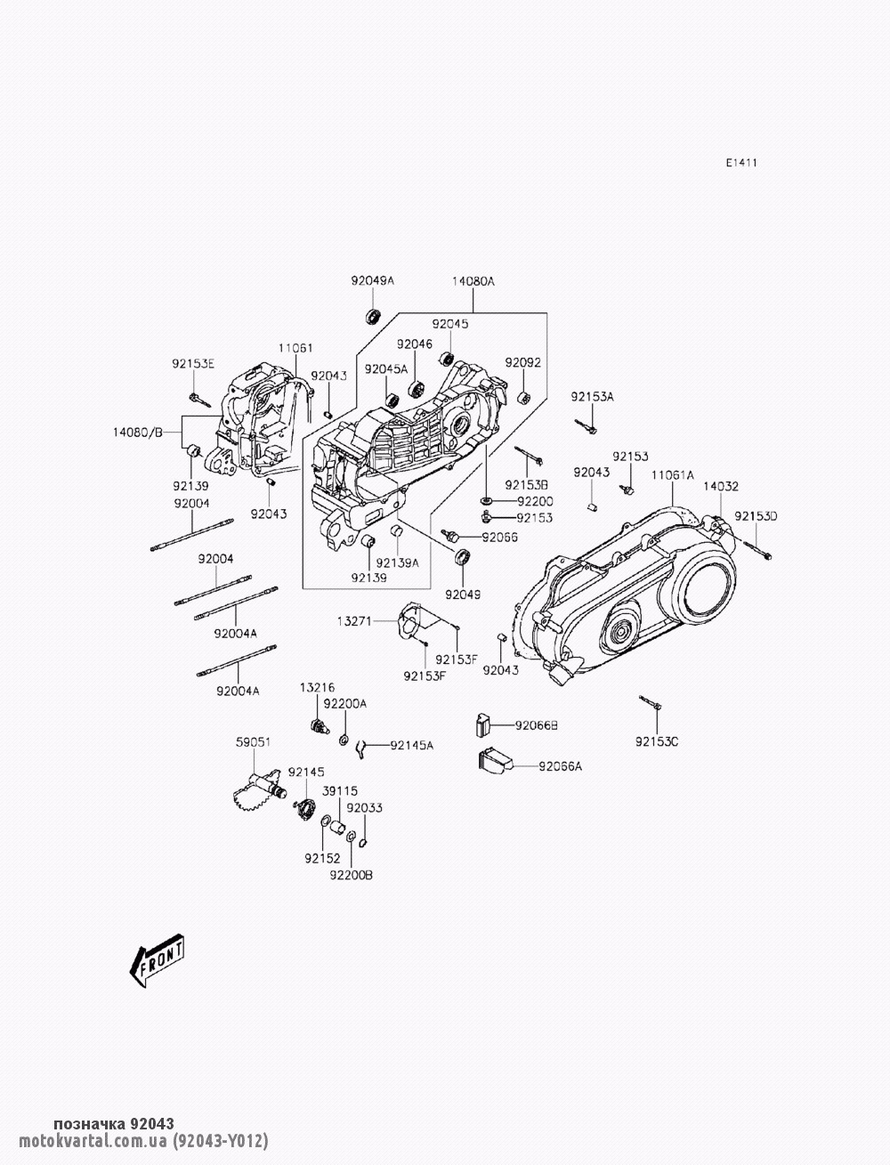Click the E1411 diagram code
pyautogui.click(x=740, y=163)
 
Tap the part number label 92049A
pyautogui.click(x=372, y=281)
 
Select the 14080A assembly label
pyautogui.click(x=473, y=281)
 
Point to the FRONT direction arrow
pyautogui.click(x=158, y=962)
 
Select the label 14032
pyautogui.click(x=721, y=487)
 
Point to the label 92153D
pyautogui.click(x=756, y=516)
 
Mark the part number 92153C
pyautogui.click(x=657, y=740)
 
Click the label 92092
pyautogui.click(x=523, y=362)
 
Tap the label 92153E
pyautogui.click(x=194, y=363)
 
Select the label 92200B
pyautogui.click(x=351, y=875)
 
